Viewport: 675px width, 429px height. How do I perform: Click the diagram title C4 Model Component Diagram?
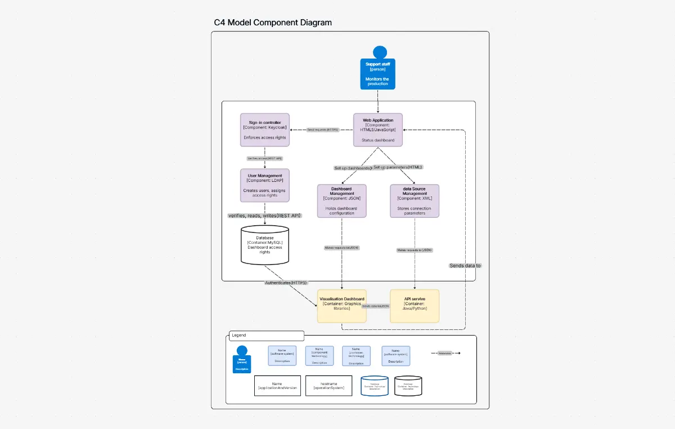(x=273, y=23)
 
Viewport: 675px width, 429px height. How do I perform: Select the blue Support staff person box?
(x=378, y=74)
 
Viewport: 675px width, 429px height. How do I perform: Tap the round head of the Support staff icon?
(x=380, y=52)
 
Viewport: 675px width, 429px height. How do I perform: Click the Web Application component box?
(x=378, y=130)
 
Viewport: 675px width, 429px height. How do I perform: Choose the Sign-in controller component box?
(x=264, y=130)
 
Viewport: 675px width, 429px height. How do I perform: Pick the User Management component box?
(x=264, y=185)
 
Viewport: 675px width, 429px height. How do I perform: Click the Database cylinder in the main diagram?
(x=264, y=245)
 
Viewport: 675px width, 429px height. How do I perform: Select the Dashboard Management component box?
(x=341, y=201)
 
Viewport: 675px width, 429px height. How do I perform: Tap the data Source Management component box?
(x=415, y=201)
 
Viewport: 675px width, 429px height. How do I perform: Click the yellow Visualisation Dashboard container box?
(x=341, y=306)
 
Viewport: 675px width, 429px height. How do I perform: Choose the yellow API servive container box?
(x=415, y=306)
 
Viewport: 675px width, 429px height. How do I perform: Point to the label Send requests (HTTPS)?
(x=323, y=129)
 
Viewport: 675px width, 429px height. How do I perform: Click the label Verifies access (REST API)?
(x=264, y=158)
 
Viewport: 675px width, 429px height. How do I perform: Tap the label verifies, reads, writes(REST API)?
(x=264, y=216)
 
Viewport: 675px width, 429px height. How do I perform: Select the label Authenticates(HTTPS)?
(x=286, y=283)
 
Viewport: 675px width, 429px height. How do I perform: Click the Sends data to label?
(x=465, y=265)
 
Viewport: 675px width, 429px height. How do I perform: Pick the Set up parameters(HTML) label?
(x=397, y=167)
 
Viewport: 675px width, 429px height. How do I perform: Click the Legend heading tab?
(x=266, y=336)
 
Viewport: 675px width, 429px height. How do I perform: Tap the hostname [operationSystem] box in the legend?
(x=328, y=386)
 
